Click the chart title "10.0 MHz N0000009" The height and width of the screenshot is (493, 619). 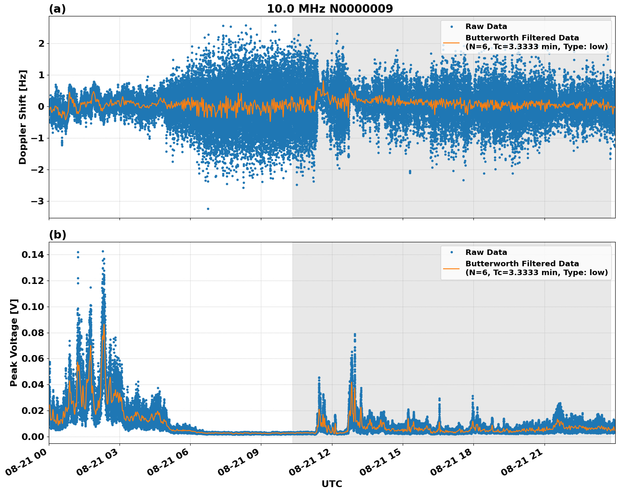(329, 9)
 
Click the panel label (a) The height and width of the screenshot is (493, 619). (57, 9)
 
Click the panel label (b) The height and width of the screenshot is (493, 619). (57, 235)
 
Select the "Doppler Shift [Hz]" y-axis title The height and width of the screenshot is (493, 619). (23, 117)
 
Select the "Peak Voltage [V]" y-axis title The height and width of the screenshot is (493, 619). (14, 342)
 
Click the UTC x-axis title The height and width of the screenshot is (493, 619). (332, 484)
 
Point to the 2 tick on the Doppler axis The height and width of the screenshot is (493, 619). (41, 44)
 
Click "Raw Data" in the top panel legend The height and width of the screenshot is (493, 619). (486, 27)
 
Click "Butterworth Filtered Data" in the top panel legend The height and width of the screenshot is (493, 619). (522, 38)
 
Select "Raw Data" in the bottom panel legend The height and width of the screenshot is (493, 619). (486, 252)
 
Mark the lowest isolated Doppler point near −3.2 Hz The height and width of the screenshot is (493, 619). (208, 209)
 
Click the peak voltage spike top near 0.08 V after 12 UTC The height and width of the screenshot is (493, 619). (355, 334)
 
